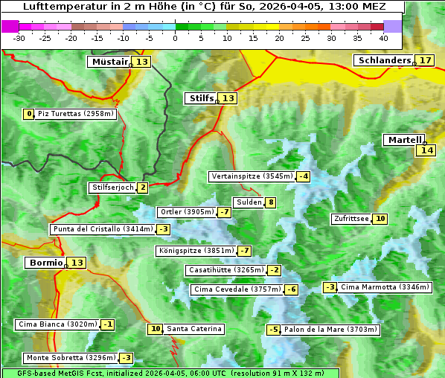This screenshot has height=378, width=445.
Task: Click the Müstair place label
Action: (x=109, y=62)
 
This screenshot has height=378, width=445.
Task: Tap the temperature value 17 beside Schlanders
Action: (x=425, y=60)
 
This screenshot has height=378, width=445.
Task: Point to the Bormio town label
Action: (x=45, y=263)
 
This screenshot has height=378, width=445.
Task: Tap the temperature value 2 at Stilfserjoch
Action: (x=142, y=188)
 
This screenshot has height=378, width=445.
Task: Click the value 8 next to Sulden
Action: (x=271, y=202)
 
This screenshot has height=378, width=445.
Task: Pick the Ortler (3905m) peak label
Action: (x=187, y=212)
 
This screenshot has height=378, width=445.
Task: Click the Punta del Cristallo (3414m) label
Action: (x=103, y=229)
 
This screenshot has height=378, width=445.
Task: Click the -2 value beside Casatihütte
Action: (x=275, y=270)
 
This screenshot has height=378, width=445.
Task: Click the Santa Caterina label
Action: (x=193, y=329)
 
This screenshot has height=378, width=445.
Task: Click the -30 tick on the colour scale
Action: (x=20, y=38)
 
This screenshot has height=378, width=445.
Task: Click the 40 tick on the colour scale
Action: (x=383, y=38)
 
